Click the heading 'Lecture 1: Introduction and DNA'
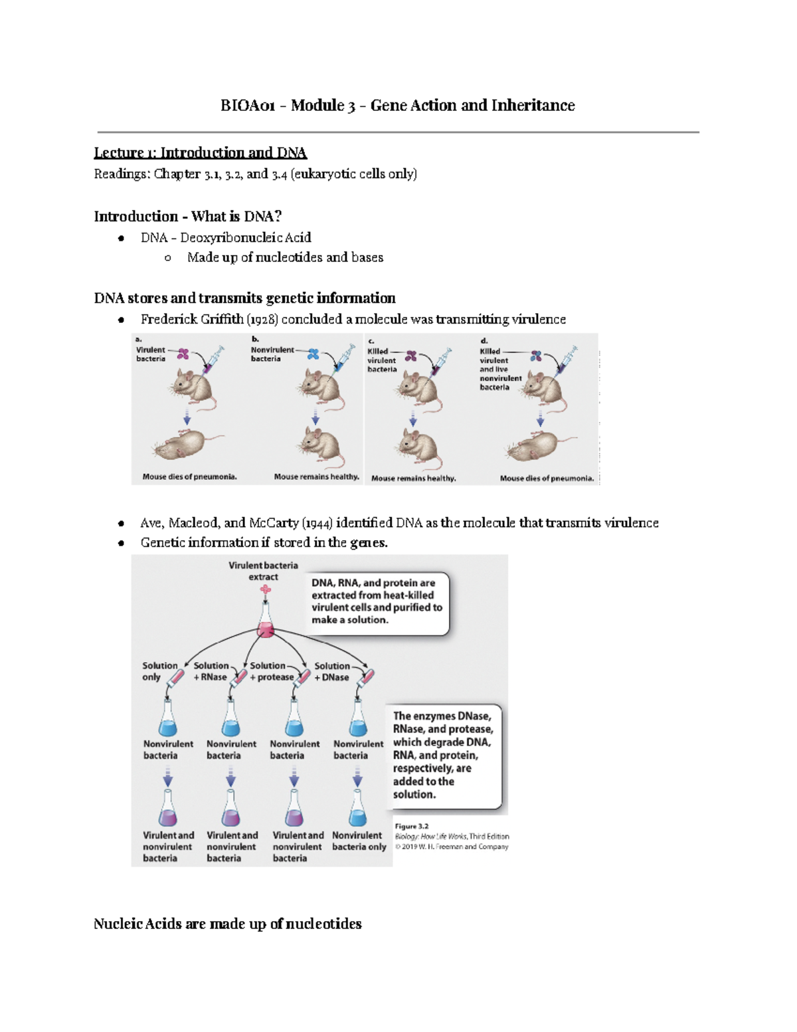coord(200,153)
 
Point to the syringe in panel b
coord(344,358)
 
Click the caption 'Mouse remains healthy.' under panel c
coord(413,478)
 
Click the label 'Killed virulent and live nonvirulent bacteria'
coord(500,369)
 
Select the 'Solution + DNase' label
coord(332,672)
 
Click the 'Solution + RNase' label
coord(211,672)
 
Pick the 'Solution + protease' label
coord(271,672)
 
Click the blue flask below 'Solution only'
coord(168,720)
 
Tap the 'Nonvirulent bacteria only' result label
coord(359,841)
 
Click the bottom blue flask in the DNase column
coord(358,809)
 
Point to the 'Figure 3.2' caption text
coord(412,827)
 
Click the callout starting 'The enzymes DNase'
coord(442,755)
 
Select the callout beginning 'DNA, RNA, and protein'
coord(377,601)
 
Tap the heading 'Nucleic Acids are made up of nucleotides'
coord(227,924)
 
